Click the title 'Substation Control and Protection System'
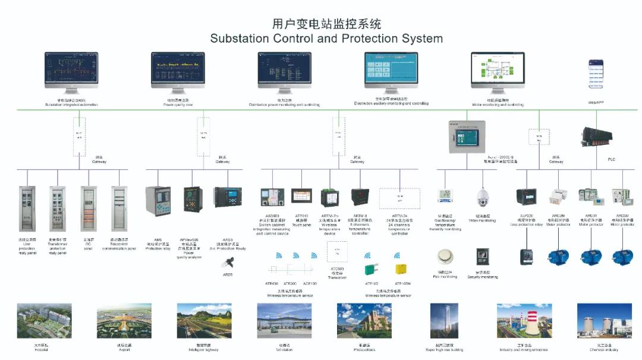[x=326, y=39]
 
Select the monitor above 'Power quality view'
[x=178, y=71]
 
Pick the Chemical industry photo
[x=604, y=321]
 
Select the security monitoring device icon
[x=482, y=257]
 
